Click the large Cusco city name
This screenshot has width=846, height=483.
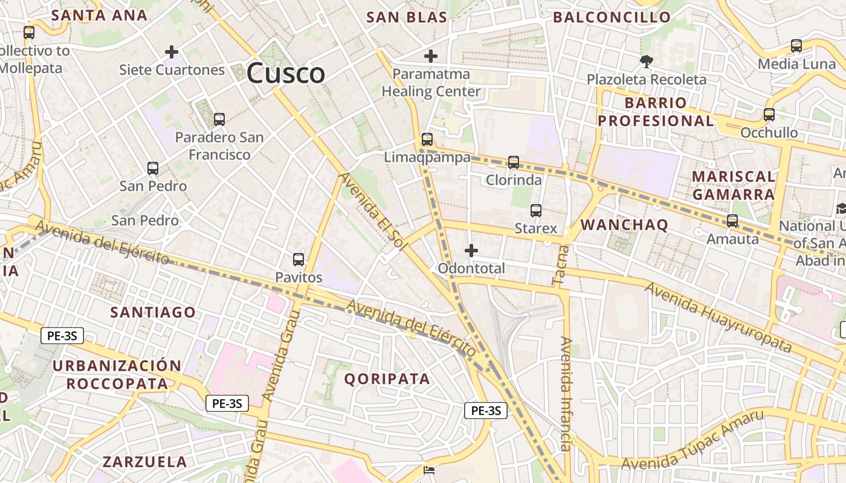pos(286,74)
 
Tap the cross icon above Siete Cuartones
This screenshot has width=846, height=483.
pos(172,52)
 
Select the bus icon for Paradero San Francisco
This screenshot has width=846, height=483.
pos(219,120)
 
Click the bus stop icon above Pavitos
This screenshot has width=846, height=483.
pos(299,260)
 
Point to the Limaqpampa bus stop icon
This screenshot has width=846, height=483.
pos(427,139)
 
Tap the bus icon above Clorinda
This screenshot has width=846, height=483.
pos(514,162)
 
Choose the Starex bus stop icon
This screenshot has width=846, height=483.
pos(536,211)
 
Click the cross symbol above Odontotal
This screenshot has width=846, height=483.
pos(471,250)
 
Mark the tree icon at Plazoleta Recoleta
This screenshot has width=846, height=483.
pos(646,61)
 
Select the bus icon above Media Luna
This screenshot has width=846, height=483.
pos(796,46)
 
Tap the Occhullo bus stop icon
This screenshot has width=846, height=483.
pos(769,115)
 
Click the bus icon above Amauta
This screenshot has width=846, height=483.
pos(732,221)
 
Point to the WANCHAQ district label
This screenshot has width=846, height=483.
pos(624,225)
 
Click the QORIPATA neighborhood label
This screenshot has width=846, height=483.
pos(387,379)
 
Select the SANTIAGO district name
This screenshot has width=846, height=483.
pos(153,312)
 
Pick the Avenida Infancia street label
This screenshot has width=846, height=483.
pos(566,394)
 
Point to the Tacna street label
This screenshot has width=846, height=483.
pos(558,267)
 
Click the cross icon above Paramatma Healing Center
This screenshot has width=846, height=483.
pos(431,57)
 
